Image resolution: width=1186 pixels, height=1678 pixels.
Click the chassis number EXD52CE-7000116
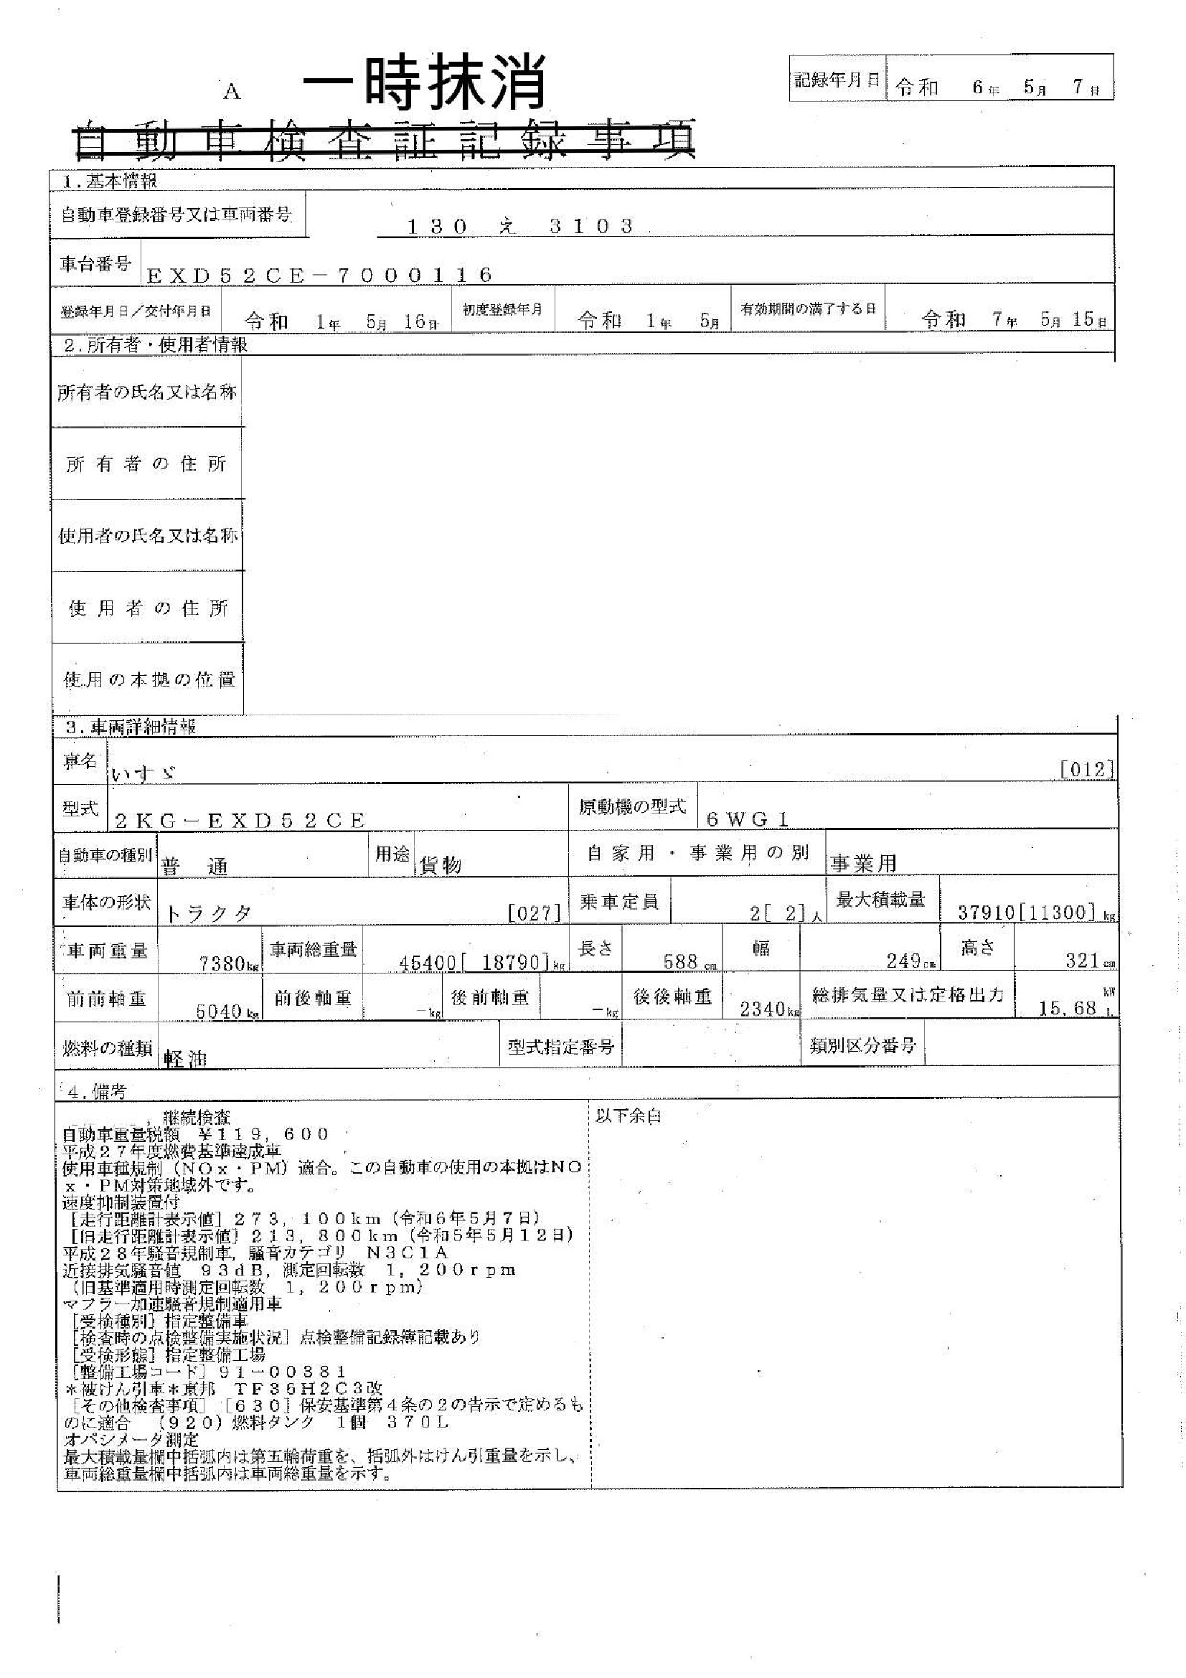319,275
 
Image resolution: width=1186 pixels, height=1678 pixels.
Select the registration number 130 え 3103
519,227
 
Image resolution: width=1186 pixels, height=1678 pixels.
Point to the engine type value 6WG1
748,819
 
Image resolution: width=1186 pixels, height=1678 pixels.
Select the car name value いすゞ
144,774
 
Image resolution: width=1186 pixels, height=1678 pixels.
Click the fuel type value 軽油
186,1059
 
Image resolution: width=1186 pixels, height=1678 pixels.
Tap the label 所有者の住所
146,464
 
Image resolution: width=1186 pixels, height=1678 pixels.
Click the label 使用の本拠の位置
149,679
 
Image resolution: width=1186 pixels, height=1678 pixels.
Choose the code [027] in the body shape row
535,913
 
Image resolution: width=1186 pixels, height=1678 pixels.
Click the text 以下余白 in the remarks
628,1117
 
